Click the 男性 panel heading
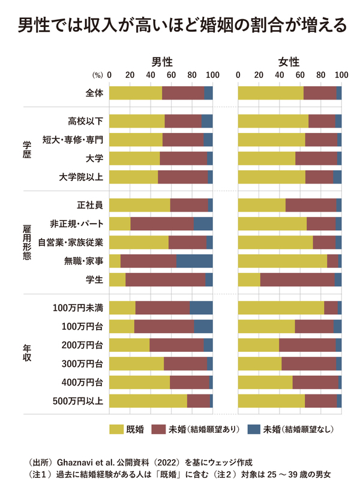pyautogui.click(x=161, y=62)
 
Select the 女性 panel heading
pyautogui.click(x=289, y=62)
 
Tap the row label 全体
pyautogui.click(x=94, y=93)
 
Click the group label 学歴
pyautogui.click(x=26, y=149)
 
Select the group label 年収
pyautogui.click(x=26, y=354)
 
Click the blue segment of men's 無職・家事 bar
pyautogui.click(x=194, y=261)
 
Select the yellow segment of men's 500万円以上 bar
pyautogui.click(x=148, y=400)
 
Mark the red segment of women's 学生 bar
pyautogui.click(x=297, y=280)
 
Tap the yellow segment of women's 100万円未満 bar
pyautogui.click(x=281, y=308)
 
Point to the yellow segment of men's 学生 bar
pyautogui.click(x=117, y=280)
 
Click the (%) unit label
pyautogui.click(x=97, y=76)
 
